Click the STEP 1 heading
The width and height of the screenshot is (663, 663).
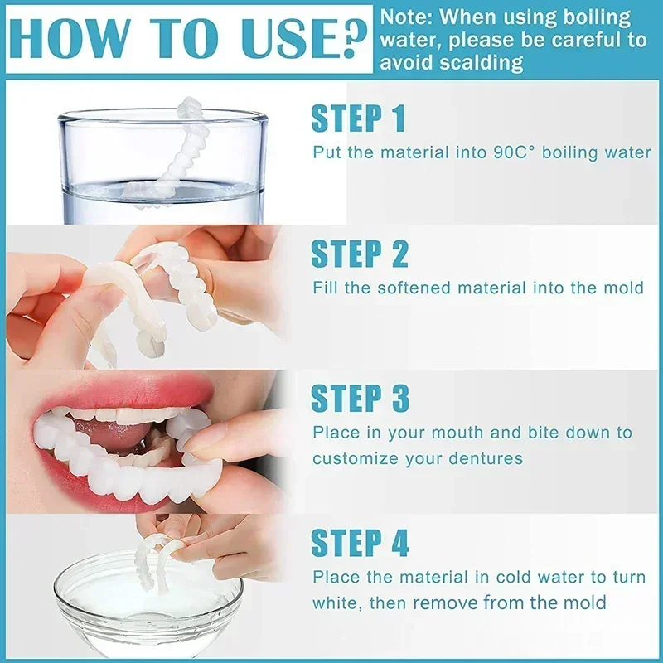click(358, 119)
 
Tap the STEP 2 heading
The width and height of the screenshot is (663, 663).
click(360, 254)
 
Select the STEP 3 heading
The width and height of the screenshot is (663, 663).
click(360, 399)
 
